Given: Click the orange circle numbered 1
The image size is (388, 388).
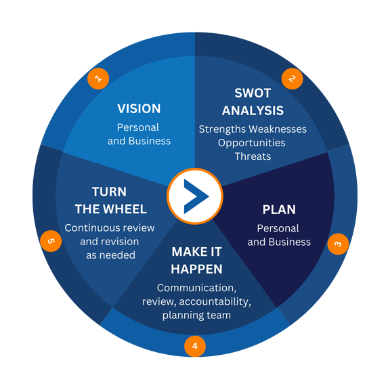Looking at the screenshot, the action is click(98, 79).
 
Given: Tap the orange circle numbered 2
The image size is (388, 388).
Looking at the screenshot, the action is click(293, 79).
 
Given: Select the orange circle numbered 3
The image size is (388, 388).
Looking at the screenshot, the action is click(338, 244).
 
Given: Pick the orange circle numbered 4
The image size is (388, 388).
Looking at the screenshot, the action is click(195, 346).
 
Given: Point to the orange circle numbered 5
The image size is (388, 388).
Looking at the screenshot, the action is click(51, 241).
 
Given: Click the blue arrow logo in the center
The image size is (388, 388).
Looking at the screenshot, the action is click(196, 196).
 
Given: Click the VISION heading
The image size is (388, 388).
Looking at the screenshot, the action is click(139, 108).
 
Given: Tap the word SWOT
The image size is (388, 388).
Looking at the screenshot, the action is click(253, 93).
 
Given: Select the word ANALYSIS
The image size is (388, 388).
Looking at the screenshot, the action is click(253, 110).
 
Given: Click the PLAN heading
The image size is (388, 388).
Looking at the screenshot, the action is click(279, 210).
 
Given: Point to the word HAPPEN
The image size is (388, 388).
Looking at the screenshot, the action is click(197, 269).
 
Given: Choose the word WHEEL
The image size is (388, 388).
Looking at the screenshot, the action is click(125, 209).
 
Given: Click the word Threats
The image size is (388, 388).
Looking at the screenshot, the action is click(253, 156).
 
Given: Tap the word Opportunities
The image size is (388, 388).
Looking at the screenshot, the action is click(252, 143).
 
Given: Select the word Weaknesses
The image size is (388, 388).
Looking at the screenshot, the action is click(278, 129).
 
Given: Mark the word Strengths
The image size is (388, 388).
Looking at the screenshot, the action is click(223, 129).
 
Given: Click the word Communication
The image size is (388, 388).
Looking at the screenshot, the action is click(197, 288).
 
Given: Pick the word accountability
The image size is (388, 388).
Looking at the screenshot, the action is click(215, 302).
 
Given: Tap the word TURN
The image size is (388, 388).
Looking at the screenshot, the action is click(109, 192).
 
